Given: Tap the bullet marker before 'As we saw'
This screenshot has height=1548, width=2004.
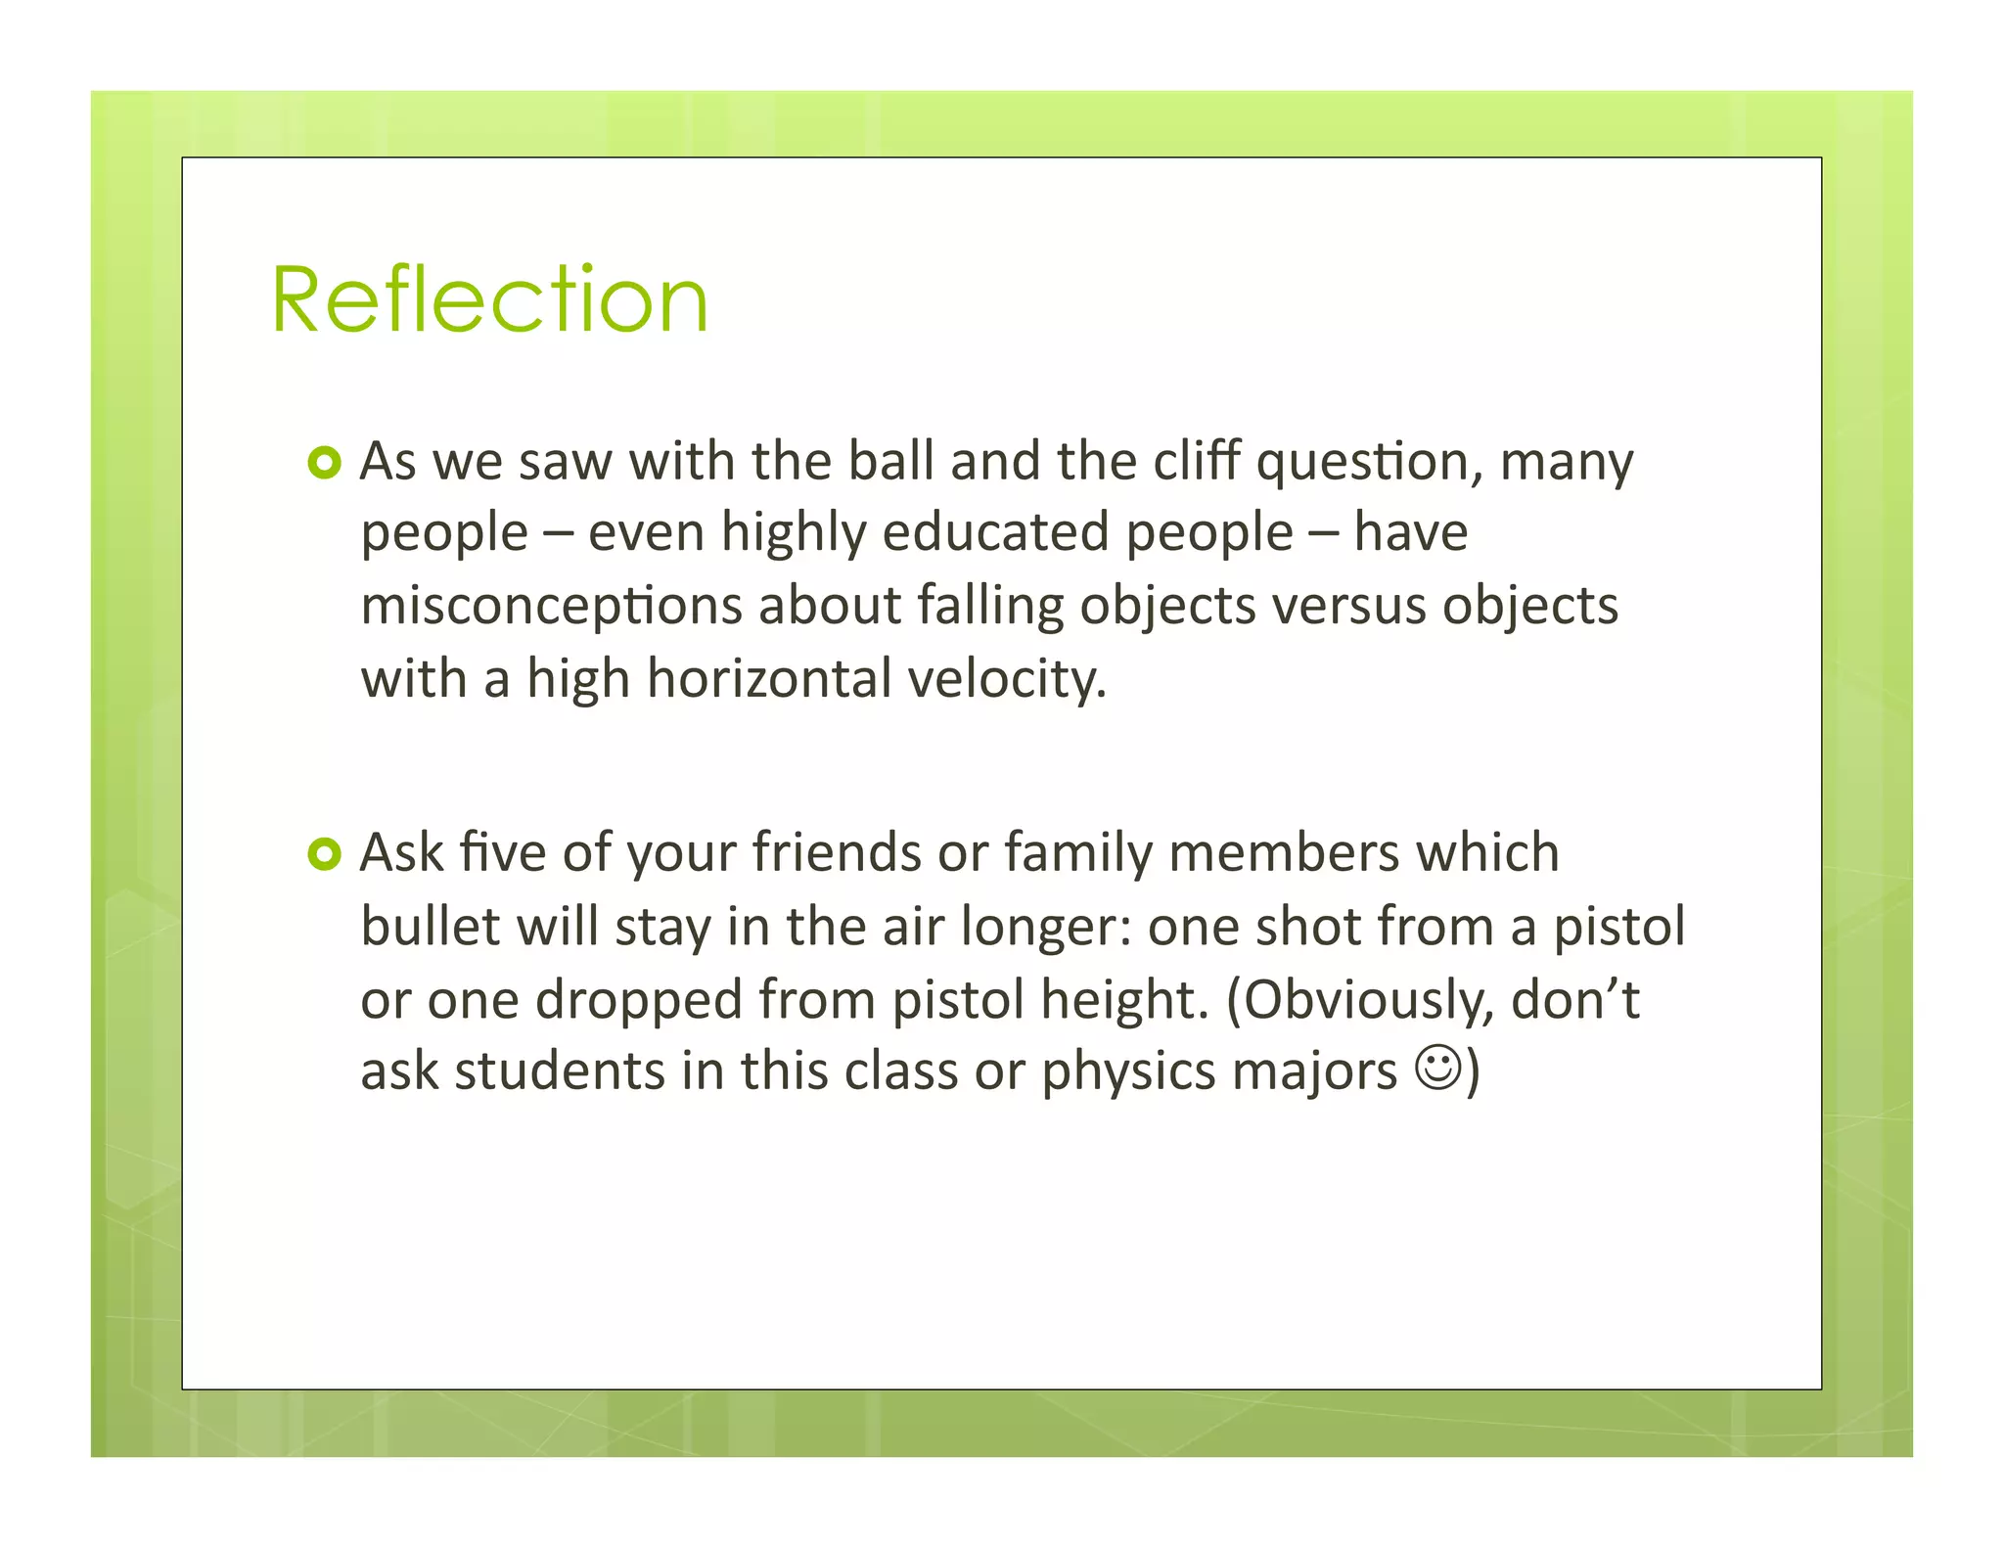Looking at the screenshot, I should (x=324, y=462).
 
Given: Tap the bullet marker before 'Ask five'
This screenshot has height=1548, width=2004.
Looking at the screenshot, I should (x=324, y=854).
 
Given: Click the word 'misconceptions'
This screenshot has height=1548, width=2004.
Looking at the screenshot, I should (x=551, y=606).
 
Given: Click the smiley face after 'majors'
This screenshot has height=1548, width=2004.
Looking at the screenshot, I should (x=1439, y=1069).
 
